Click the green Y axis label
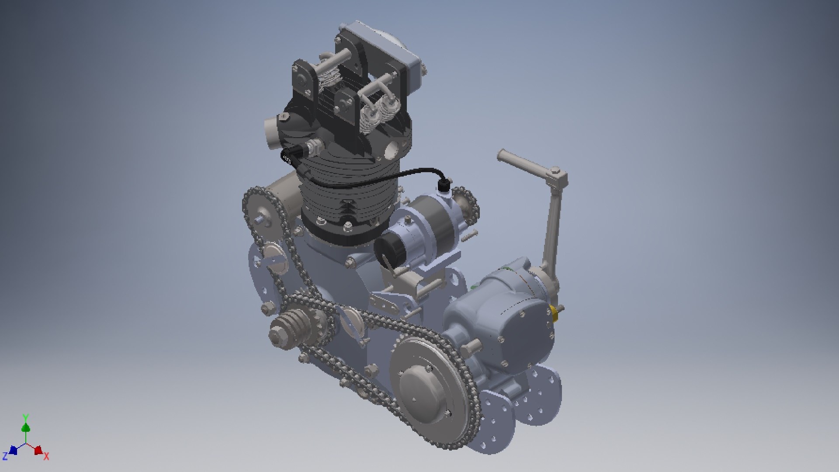pyautogui.click(x=26, y=417)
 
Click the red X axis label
pyautogui.click(x=46, y=456)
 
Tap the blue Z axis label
pyautogui.click(x=5, y=457)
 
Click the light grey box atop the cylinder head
pyautogui.click(x=385, y=48)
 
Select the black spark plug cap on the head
pyautogui.click(x=292, y=155)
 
